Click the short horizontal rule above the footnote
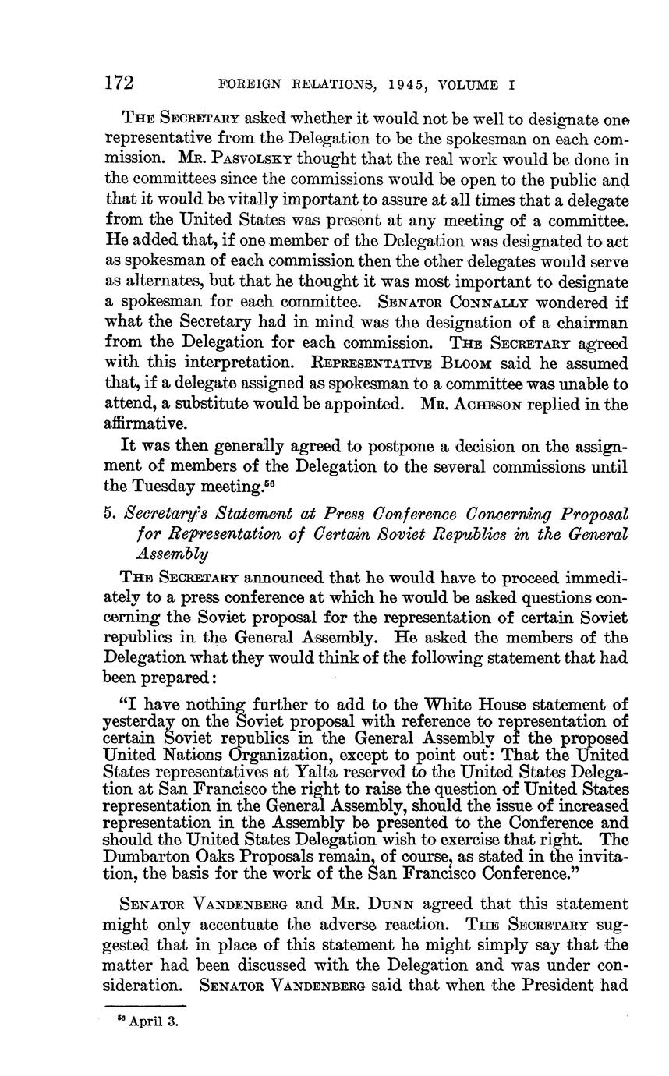pyautogui.click(x=144, y=1005)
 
